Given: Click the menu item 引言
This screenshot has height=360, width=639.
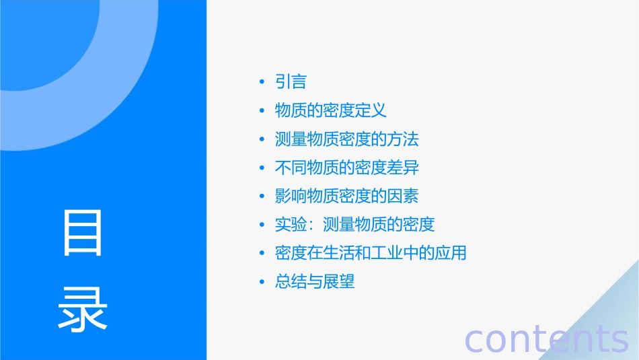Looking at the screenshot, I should click(291, 82).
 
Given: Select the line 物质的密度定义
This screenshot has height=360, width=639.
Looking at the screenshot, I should click(330, 110).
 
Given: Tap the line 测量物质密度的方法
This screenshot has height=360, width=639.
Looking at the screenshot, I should click(346, 139).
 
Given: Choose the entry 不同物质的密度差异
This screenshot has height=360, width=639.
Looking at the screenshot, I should click(346, 168).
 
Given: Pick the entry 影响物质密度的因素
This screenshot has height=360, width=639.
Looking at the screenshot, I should click(346, 196).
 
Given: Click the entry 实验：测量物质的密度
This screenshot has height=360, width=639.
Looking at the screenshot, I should click(354, 225).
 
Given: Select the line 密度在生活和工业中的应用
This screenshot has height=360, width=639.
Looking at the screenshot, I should click(371, 254).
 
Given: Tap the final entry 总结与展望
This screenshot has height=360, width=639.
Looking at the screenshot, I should click(314, 282).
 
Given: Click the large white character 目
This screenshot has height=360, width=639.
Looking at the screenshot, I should click(83, 233).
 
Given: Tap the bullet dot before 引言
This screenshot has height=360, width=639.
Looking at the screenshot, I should click(262, 83).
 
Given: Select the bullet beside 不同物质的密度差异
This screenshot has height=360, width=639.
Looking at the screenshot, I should click(262, 168).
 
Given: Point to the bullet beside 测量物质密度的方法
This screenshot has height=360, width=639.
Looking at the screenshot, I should click(262, 140).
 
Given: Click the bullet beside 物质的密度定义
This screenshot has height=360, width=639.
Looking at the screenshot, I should click(262, 111).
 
